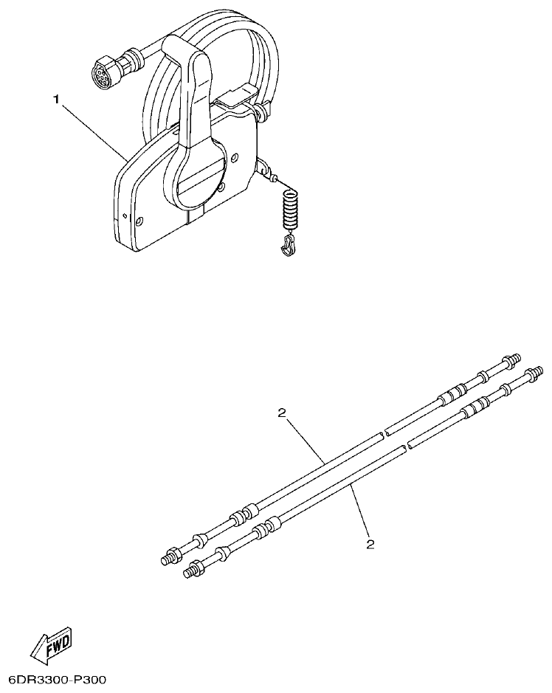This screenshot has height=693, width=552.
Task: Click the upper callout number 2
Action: click(x=282, y=413)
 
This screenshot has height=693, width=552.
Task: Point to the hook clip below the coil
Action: click(x=287, y=245)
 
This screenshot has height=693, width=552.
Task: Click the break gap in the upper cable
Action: click(x=384, y=435)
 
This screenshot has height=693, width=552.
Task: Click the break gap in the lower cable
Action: click(x=407, y=447)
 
